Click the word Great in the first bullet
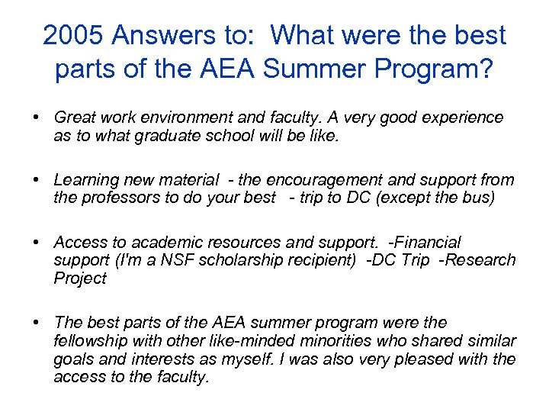(74, 117)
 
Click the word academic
(166, 243)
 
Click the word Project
(80, 278)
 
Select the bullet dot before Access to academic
(36, 243)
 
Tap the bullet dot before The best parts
(36, 323)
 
